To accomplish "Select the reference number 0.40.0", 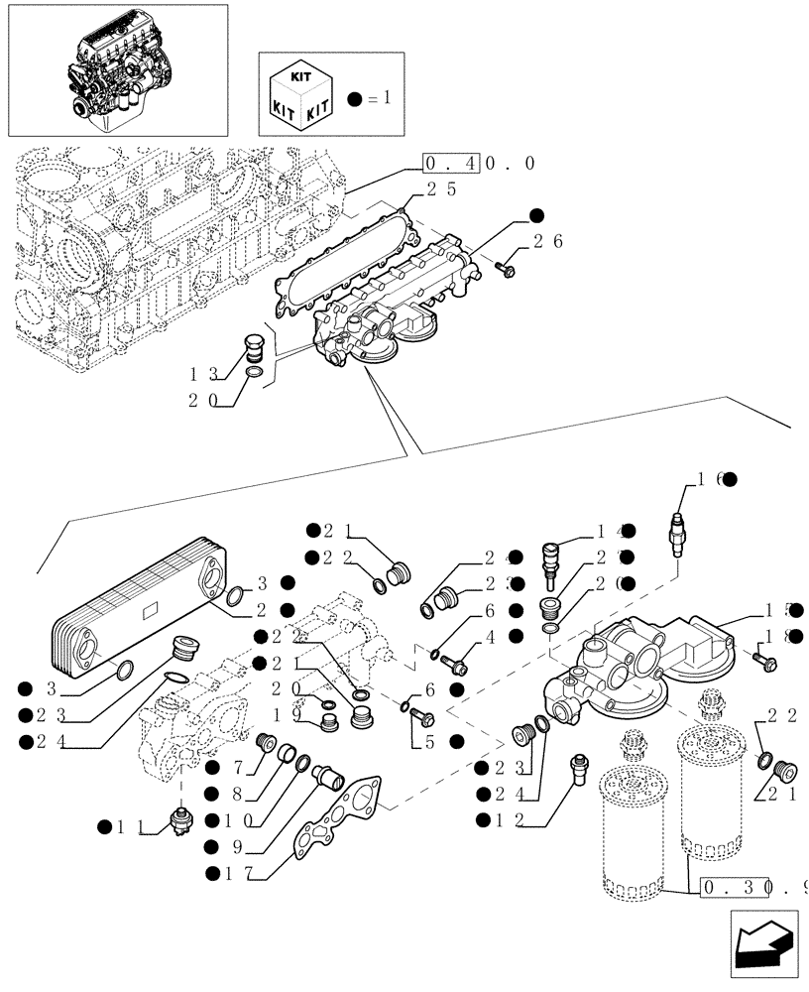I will click(x=479, y=164).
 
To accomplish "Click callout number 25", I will click(x=441, y=188).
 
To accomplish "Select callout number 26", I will click(x=548, y=240).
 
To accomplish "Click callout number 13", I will click(x=203, y=375).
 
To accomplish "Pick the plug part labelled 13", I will click(x=253, y=350).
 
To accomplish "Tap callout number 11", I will click(x=130, y=826).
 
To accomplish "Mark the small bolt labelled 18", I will click(x=763, y=658).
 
